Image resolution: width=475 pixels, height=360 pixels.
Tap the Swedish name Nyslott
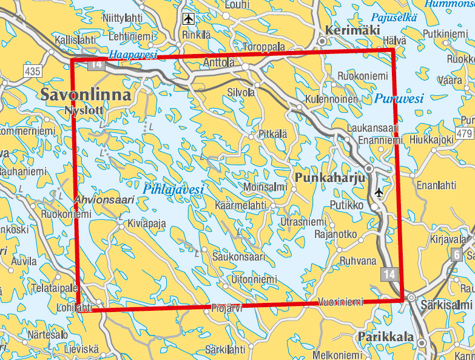(x=83, y=110)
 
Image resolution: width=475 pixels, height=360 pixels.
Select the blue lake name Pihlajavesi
(x=173, y=189)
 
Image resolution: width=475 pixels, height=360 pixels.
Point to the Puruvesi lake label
(x=399, y=98)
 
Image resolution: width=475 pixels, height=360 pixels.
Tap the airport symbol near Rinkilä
(x=189, y=19)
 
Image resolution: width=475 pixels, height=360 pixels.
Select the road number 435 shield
(x=33, y=72)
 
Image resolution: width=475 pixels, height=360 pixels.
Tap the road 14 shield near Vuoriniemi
(x=390, y=275)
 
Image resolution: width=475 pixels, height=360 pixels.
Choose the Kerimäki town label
(x=352, y=31)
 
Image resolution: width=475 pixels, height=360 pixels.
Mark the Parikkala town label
(x=385, y=337)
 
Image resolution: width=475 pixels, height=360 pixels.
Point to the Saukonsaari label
(x=238, y=257)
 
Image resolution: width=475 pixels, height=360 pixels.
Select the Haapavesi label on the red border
(x=132, y=55)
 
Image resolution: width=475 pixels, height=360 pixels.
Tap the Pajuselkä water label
(x=395, y=18)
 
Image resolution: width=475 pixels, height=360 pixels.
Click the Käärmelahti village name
(x=241, y=206)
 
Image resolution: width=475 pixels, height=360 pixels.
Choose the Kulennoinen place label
(x=332, y=98)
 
